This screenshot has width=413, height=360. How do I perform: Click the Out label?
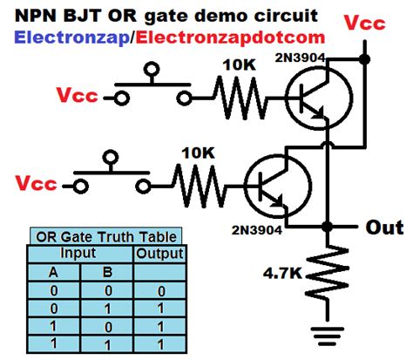point(383,227)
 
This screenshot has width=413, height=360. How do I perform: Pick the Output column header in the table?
point(159,254)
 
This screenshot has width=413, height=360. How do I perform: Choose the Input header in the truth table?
point(78,254)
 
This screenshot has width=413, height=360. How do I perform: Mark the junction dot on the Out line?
point(327,226)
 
